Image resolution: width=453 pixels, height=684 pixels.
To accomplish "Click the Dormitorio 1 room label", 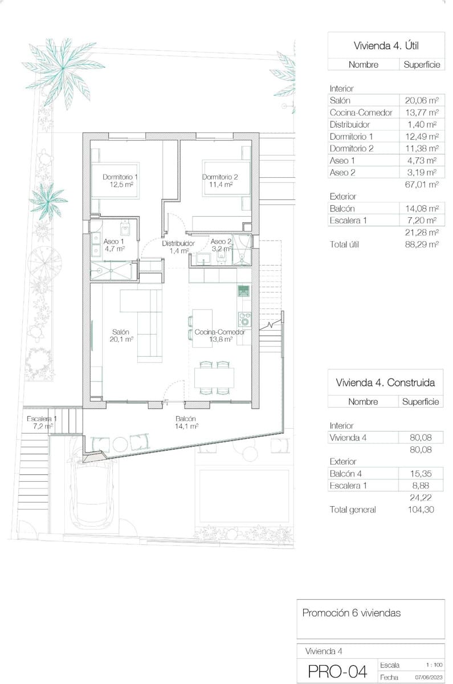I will coord(120,181).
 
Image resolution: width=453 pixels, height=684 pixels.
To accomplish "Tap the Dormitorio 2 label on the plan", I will coord(220,181).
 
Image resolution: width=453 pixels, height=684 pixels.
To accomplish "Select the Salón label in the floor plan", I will coord(120,336).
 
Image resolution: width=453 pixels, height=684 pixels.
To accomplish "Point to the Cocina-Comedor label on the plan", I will coord(219,336).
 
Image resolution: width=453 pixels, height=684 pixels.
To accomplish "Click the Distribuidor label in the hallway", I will coord(178,247).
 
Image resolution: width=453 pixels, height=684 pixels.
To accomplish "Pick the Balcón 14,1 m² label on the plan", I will coord(186,422).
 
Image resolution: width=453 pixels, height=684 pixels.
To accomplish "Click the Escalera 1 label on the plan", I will coord(42,422).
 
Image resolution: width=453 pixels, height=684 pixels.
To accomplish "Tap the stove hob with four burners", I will coord(244,319).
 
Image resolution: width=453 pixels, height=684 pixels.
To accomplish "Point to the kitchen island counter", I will coord(202,328).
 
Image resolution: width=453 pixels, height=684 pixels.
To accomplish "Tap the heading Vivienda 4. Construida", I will coord(386,382).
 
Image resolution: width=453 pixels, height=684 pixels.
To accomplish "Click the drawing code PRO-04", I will coord(337,671).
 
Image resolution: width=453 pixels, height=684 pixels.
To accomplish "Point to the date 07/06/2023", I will coord(427,677).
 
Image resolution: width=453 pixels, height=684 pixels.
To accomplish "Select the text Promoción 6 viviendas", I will coord(352,613).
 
